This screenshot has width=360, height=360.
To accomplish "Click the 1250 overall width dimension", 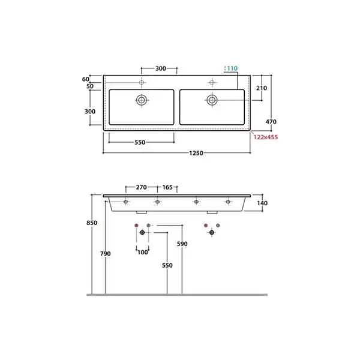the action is [196, 153].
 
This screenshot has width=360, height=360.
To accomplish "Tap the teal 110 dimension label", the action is [232, 68].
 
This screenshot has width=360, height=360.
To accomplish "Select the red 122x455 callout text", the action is [266, 137].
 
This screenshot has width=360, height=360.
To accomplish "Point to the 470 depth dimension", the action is [271, 122].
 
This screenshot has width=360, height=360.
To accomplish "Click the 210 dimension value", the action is [262, 88].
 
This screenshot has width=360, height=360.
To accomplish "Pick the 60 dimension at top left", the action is [86, 79].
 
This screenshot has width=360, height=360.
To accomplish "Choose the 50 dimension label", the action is [90, 86].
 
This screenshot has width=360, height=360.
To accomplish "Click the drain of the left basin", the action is [142, 100].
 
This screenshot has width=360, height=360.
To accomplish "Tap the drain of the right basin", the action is [212, 100].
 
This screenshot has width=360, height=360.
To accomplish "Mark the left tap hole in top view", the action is [142, 82].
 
